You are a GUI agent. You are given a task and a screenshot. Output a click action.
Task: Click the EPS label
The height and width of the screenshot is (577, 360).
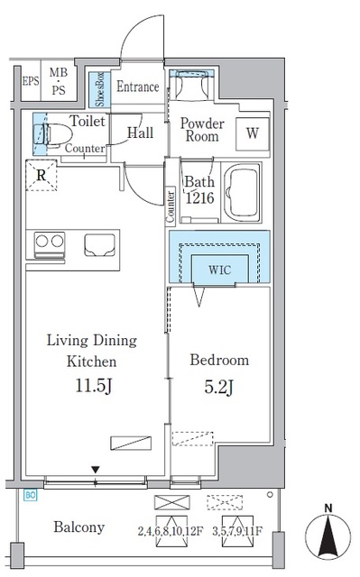[30, 81]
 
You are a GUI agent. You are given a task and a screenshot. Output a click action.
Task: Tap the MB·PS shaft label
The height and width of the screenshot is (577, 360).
[59, 81]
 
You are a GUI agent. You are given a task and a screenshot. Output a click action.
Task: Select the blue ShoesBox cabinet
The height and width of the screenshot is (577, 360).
[99, 89]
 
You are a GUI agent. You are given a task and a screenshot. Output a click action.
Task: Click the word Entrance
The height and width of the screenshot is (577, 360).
[138, 87]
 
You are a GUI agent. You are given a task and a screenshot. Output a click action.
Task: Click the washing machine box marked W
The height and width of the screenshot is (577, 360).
[253, 133]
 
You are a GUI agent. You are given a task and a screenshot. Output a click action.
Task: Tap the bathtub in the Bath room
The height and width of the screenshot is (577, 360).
[243, 192]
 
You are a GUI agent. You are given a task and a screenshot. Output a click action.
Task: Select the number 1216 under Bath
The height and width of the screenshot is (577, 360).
[199, 198]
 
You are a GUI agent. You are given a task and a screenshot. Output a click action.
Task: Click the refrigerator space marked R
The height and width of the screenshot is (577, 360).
[42, 175]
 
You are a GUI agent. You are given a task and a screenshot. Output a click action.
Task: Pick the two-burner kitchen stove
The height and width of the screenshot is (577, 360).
[50, 244]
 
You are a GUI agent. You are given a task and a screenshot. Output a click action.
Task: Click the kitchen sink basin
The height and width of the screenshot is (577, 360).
[99, 245]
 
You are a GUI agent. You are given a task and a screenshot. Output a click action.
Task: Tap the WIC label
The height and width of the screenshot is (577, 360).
[220, 270]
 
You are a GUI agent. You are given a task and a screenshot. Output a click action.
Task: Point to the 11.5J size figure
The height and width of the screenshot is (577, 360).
[94, 386]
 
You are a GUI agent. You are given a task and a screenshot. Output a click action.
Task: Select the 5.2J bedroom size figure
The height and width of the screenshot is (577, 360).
[218, 387]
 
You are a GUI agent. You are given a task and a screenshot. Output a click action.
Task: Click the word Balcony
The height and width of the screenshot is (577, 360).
[79, 527]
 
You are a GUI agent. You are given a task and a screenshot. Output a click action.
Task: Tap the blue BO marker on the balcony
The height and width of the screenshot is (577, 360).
[31, 495]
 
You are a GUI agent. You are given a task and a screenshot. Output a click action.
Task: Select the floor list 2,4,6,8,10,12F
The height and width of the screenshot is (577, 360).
[171, 531]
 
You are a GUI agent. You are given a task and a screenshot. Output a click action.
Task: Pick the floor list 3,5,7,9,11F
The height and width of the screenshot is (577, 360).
[237, 531]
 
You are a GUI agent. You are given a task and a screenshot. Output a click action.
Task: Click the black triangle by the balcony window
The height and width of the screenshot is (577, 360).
[96, 470]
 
